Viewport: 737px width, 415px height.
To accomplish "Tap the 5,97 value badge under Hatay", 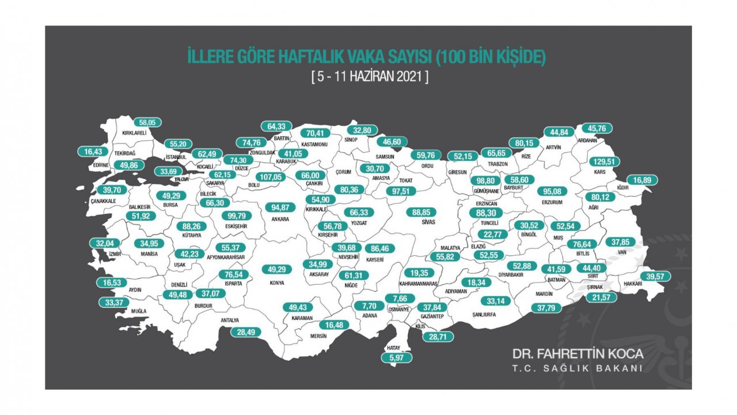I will point(397,357).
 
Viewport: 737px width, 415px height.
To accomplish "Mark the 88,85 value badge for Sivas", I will point(421,212).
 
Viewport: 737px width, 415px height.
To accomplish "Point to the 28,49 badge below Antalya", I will point(246,332).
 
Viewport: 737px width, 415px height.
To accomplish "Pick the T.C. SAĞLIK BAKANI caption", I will point(578,368).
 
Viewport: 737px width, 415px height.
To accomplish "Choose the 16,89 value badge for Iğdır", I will point(642,180).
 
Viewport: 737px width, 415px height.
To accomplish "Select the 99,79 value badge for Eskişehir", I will point(237,216).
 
